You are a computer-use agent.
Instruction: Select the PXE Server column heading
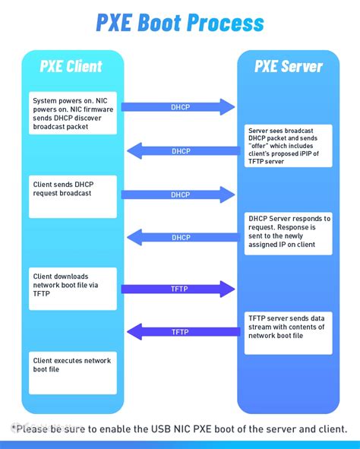[x=288, y=67]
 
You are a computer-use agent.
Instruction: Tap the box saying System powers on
[x=74, y=113]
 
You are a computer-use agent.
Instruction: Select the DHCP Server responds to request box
[x=289, y=232]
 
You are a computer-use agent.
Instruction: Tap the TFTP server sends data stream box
[x=289, y=331]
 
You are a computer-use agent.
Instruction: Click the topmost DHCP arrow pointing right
[x=178, y=107]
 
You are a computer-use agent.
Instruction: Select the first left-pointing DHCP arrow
[x=181, y=151]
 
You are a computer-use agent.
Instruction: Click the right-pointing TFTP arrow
[x=178, y=289]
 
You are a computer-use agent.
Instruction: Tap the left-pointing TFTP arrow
[x=181, y=332]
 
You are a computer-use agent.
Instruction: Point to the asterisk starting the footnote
[x=14, y=426]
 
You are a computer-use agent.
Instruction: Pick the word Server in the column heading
[x=302, y=67]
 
